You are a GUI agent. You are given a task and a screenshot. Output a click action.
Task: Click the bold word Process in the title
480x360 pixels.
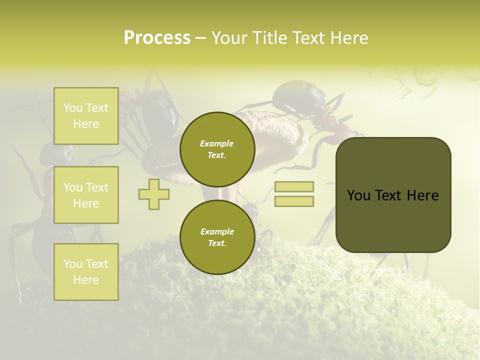(157, 38)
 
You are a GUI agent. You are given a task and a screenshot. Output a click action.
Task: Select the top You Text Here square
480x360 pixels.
(86, 116)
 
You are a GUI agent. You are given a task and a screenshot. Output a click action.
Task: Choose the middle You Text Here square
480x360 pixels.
(86, 195)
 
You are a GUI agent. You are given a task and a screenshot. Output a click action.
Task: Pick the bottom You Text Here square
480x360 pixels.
(86, 272)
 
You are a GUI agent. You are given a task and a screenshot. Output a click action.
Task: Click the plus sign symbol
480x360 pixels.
(153, 194)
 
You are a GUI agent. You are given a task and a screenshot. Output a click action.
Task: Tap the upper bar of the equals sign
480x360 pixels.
(294, 187)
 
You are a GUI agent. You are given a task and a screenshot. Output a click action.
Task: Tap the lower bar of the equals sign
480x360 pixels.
(294, 201)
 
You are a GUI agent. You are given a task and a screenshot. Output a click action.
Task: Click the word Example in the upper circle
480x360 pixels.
(217, 144)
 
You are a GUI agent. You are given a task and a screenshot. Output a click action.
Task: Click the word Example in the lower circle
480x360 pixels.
(217, 231)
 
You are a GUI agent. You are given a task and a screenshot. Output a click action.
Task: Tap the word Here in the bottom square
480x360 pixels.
(86, 280)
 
